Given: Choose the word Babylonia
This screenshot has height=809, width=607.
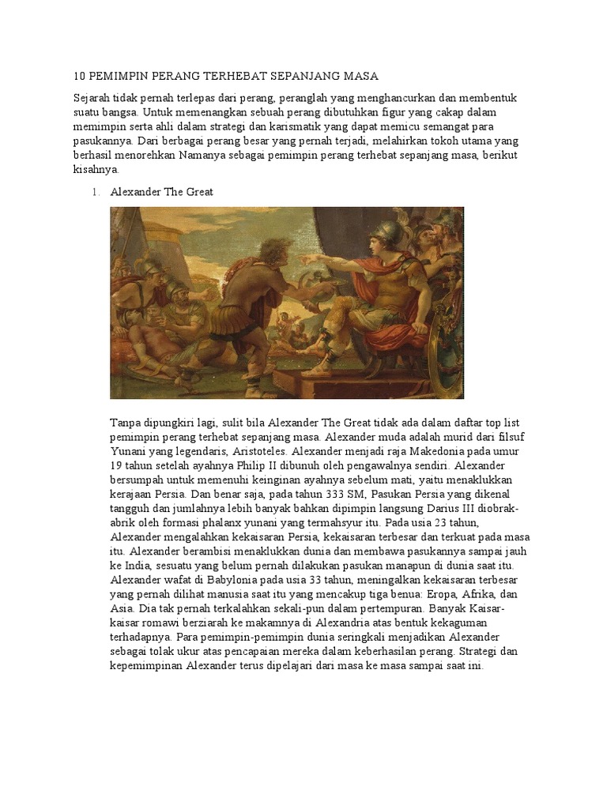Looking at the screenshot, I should coord(199,580).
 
